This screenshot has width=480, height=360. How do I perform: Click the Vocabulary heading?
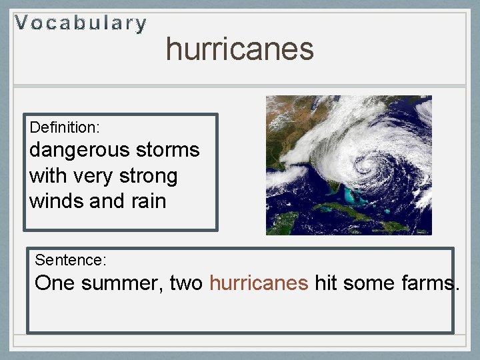coord(81,23)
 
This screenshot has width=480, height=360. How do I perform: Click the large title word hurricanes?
coord(239,49)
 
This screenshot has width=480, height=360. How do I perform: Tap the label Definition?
coord(65,126)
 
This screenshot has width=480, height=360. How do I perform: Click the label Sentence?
coord(71,259)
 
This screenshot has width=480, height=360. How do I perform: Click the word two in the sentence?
coord(186,283)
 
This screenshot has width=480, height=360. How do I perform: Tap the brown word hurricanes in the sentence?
coord(258,283)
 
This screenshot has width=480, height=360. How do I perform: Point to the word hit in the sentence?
coord(325,283)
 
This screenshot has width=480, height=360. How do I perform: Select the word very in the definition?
coord(92,176)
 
